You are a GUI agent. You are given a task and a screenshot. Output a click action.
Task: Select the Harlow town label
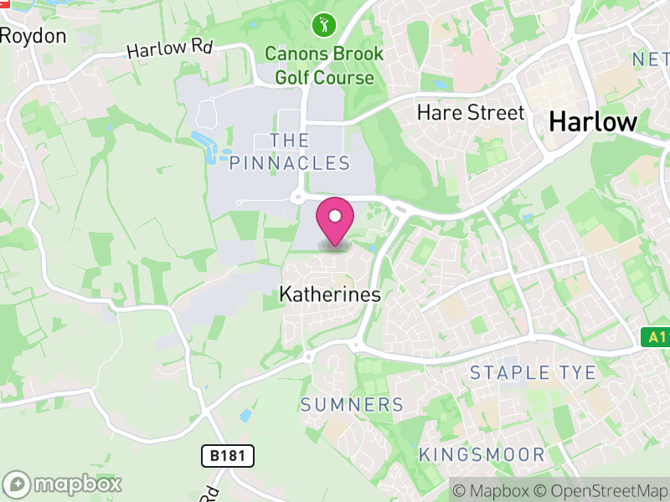click(593, 121)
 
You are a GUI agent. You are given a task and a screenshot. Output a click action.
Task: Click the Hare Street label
click(471, 112)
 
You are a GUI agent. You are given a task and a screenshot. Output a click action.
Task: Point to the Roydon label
click(33, 36)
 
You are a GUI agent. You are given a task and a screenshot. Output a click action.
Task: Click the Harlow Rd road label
click(169, 48)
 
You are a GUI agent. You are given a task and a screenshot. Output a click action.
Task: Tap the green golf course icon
click(322, 25)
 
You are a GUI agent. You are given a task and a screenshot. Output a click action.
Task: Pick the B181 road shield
click(228, 456)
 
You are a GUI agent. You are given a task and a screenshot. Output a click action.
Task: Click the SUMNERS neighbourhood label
click(352, 405)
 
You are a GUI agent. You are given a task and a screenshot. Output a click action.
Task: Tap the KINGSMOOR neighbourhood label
click(482, 455)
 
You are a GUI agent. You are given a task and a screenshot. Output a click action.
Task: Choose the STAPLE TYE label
click(533, 373)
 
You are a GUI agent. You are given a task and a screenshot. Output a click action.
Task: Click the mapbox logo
click(64, 484)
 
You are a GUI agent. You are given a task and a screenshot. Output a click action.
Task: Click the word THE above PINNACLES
click(290, 140)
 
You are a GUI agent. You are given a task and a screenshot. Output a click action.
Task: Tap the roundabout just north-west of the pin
click(297, 197)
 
